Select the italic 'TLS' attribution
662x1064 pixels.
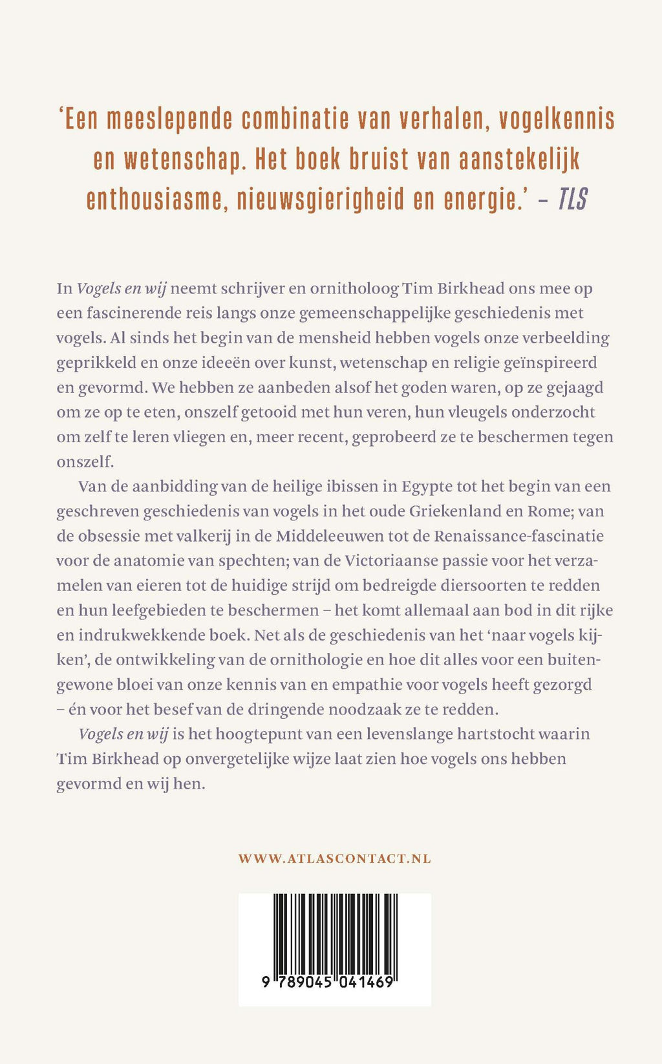pos(573,200)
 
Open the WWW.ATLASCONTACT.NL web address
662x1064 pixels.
pos(334,859)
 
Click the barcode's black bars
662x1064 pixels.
pos(334,933)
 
